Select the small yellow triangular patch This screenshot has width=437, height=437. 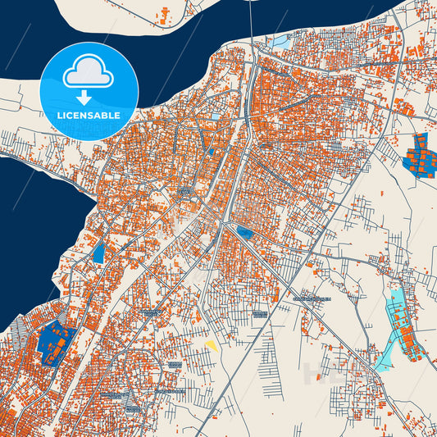(x=212, y=345)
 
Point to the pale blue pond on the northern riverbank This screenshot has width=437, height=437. (x=281, y=39)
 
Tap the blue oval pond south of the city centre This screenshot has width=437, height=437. (x=244, y=234)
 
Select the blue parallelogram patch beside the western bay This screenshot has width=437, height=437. (x=99, y=253)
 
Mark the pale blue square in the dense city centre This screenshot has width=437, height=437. (x=215, y=116)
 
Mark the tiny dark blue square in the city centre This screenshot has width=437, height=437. (x=211, y=151)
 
